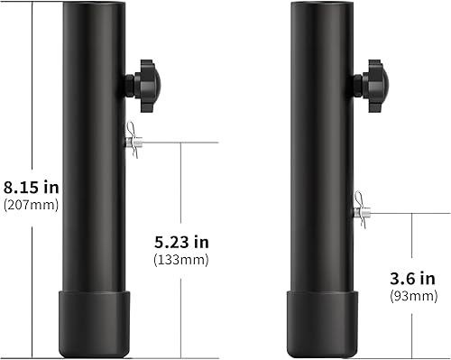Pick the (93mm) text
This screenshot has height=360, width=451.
pos(414,295)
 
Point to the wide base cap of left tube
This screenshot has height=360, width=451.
pos(93,323)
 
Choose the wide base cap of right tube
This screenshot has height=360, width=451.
pos(323,323)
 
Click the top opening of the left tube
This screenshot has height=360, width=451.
pos(93,5)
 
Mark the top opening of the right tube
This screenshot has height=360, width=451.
pos(323,5)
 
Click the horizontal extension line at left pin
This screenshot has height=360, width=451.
pos(180,142)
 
